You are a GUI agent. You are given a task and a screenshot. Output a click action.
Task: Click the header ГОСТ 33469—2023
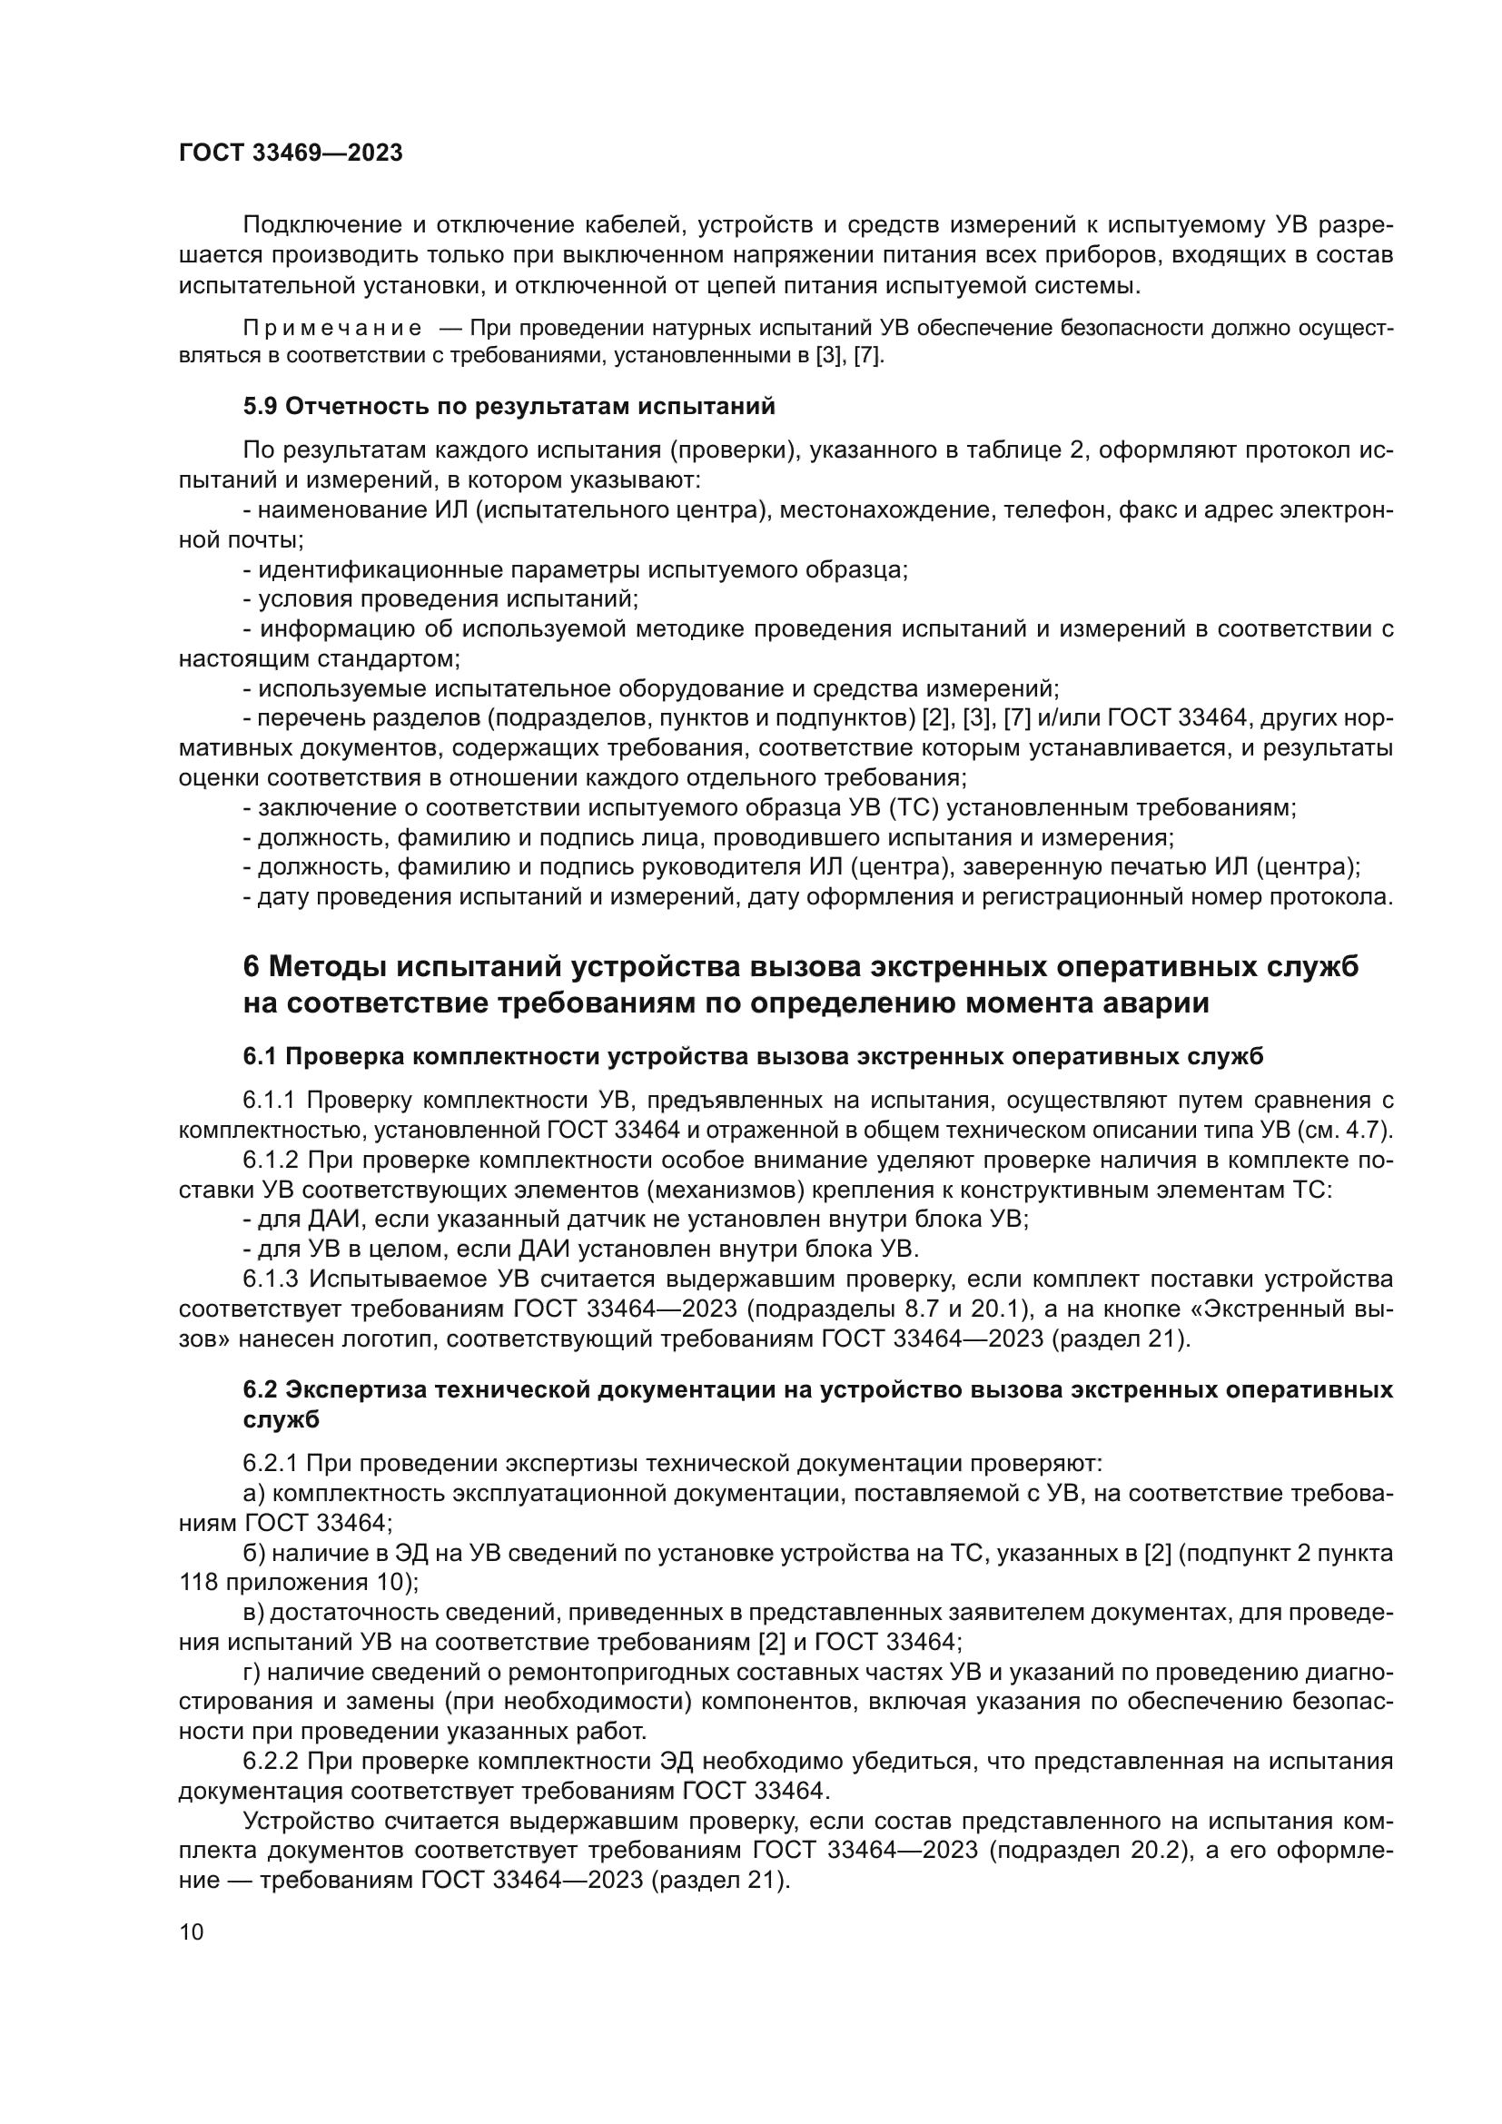[291, 153]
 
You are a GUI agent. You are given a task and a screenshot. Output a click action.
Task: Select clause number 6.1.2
[269, 1160]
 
